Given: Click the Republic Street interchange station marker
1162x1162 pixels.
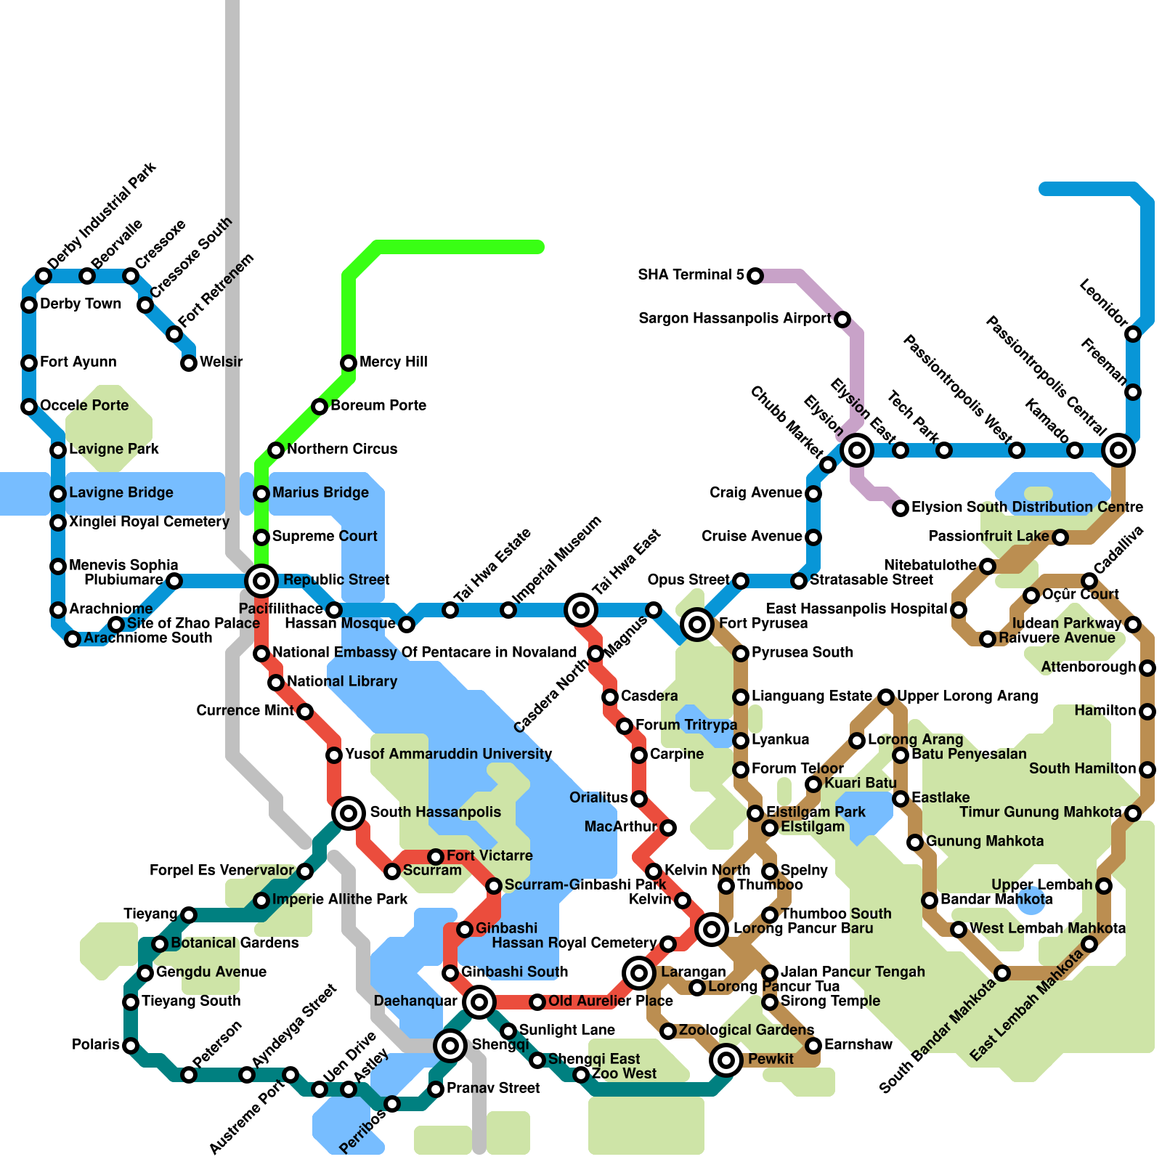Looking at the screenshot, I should (261, 580).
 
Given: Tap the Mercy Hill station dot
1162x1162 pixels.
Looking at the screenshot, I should (349, 362).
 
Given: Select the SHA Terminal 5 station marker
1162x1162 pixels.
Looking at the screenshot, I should (755, 275).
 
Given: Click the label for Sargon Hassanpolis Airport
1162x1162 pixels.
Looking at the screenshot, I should (734, 318).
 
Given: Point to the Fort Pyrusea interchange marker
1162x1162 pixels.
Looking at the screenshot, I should (697, 624).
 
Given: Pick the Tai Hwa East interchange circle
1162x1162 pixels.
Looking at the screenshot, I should (581, 609).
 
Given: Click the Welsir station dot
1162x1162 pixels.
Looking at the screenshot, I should (189, 362).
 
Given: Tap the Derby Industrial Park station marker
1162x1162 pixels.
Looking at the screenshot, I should (44, 275).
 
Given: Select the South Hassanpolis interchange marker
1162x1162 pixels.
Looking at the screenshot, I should (349, 813).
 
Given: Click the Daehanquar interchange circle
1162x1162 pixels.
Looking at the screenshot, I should (479, 1002).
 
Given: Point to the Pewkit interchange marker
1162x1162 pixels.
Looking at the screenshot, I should (726, 1060).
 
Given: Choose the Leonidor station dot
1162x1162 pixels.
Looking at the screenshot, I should (1133, 334).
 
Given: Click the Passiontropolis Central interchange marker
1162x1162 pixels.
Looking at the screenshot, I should (1118, 450).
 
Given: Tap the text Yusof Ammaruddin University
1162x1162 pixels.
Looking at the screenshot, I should (448, 754).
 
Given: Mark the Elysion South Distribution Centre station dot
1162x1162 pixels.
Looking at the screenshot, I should (901, 508).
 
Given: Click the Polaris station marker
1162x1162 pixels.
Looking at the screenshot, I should (131, 1046).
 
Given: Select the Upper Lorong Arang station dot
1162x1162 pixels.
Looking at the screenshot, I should (886, 697).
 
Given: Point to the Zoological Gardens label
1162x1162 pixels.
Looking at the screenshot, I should (746, 1030).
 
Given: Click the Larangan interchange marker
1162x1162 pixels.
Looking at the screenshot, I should (639, 972).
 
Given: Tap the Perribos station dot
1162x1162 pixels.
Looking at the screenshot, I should (392, 1104).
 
